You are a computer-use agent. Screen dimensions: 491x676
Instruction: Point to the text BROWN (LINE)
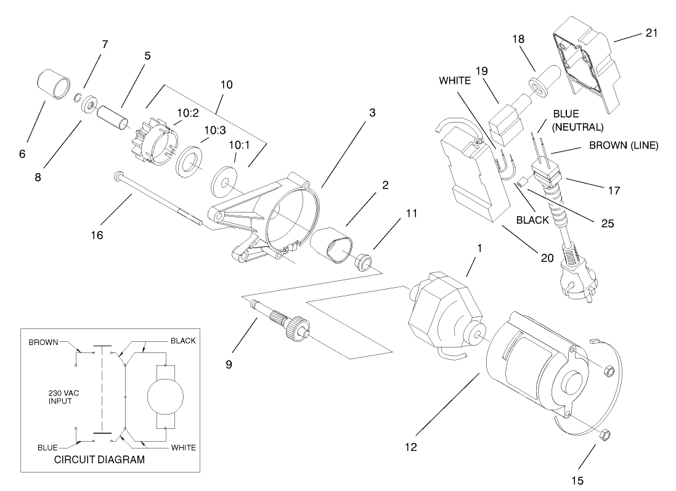(x=624, y=146)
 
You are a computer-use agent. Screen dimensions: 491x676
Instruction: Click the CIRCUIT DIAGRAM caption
(x=99, y=459)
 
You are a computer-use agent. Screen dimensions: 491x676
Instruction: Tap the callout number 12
(x=412, y=447)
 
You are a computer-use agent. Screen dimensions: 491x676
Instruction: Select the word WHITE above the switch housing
(x=455, y=80)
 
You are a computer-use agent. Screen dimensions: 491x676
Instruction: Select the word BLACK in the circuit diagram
(x=182, y=341)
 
